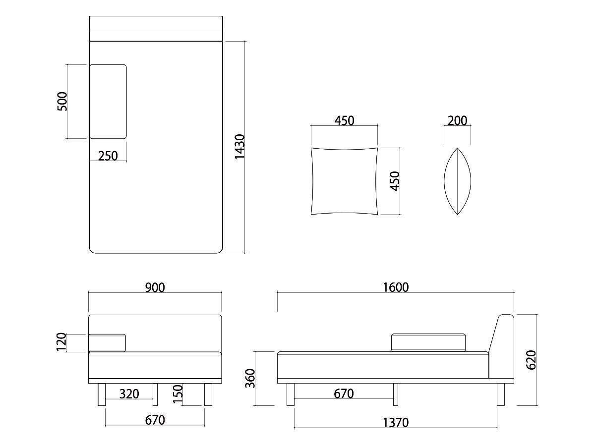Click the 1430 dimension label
(239, 147)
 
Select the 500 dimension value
(62, 101)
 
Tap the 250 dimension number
(108, 156)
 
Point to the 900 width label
(155, 287)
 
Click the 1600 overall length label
(396, 287)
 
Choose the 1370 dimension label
(396, 422)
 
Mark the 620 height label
(531, 360)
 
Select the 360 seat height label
(250, 379)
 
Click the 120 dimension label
(61, 342)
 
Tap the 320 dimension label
(129, 394)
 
